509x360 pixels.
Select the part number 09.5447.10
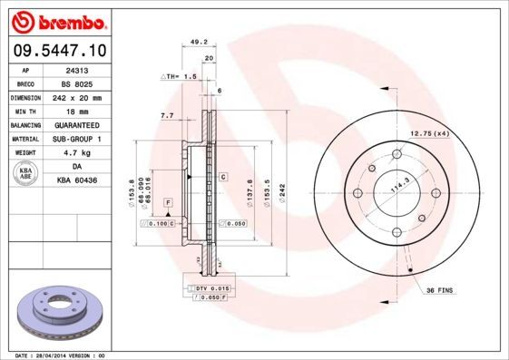click(60, 50)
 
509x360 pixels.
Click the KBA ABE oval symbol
click(26, 173)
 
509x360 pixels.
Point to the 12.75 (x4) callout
click(431, 133)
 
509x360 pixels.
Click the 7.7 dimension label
click(167, 116)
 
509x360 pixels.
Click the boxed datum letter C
click(222, 178)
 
